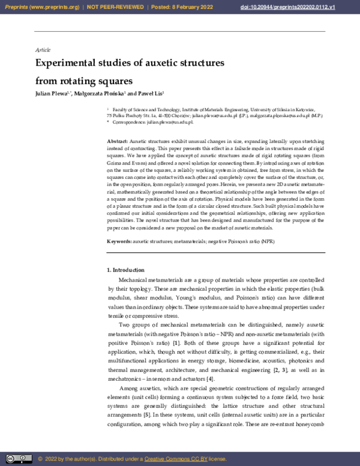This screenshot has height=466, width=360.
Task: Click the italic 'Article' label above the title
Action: pyautogui.click(x=43, y=49)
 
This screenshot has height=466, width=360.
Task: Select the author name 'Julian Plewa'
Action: pyautogui.click(x=53, y=95)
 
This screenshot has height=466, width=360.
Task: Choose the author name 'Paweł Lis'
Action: pyautogui.click(x=150, y=95)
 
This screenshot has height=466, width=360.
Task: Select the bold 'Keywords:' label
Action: pyautogui.click(x=119, y=241)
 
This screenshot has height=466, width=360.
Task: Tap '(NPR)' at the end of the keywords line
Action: pyautogui.click(x=268, y=241)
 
